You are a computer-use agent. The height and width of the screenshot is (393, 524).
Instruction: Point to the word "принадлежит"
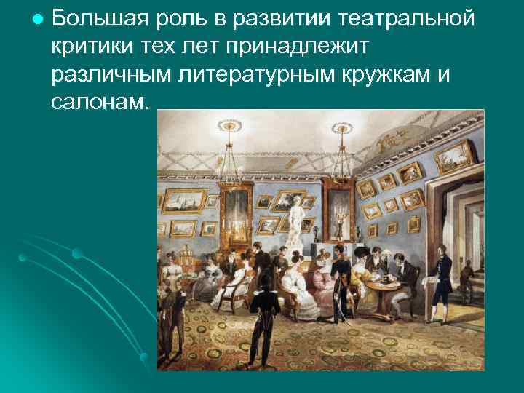pyautogui.click(x=299, y=47)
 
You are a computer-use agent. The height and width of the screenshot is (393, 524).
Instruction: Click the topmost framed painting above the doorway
pyautogui.click(x=463, y=154)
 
